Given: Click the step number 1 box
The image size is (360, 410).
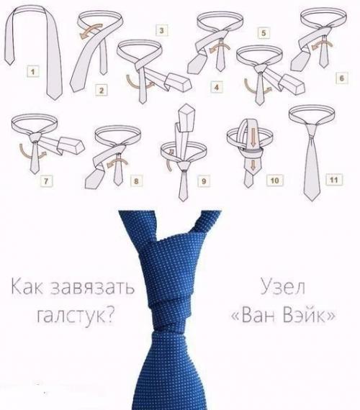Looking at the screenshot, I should (x=32, y=70).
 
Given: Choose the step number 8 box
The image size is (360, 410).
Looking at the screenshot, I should (x=136, y=181).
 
